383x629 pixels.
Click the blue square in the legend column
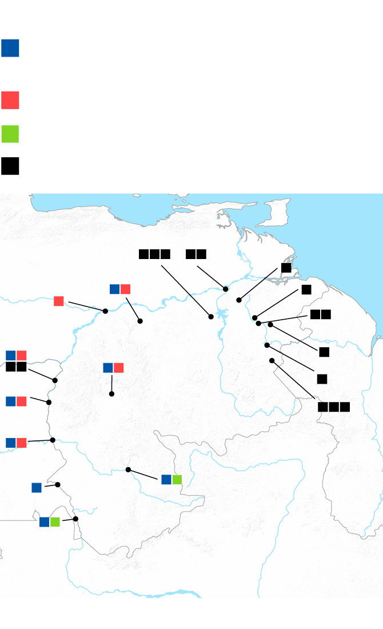tap(10, 48)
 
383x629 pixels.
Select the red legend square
tap(10, 100)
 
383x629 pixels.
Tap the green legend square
tap(10, 134)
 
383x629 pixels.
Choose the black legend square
tap(10, 166)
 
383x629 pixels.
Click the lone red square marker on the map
tap(59, 301)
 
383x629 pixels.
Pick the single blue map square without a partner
tap(37, 487)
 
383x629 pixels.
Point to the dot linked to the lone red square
tap(105, 311)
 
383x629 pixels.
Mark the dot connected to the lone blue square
tap(58, 484)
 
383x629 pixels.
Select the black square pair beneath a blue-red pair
tap(16, 367)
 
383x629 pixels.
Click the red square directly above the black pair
tap(22, 356)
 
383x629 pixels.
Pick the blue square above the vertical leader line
tap(108, 368)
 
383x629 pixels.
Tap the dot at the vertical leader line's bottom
tap(111, 394)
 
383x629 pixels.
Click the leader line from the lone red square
tap(86, 306)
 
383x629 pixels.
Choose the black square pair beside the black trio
tap(196, 254)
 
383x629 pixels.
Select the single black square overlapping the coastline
tap(286, 268)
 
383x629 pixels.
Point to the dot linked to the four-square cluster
tap(55, 380)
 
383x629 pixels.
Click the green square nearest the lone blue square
tap(55, 521)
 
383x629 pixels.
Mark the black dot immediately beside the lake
tap(211, 317)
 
